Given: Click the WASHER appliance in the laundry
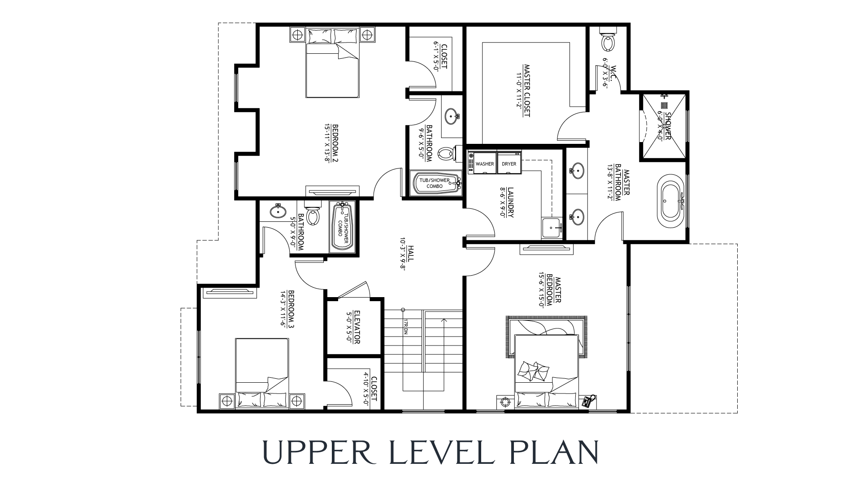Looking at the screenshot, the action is click(x=485, y=164).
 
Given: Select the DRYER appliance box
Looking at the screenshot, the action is click(x=509, y=164).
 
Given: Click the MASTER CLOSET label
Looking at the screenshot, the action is click(x=527, y=90).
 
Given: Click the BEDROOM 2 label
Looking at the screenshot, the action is click(x=333, y=143).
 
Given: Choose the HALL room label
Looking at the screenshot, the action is click(x=410, y=256).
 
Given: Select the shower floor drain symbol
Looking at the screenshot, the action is click(x=664, y=106).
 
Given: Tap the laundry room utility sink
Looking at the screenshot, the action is click(x=552, y=228).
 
